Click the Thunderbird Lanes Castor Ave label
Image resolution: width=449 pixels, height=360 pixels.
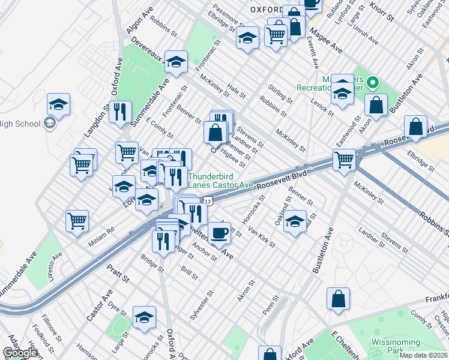click(x=220, y=181)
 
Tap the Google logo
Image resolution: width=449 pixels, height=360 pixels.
click(x=20, y=353)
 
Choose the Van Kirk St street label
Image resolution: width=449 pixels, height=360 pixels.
click(x=262, y=237)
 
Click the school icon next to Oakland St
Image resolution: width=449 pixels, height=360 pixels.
click(x=295, y=220)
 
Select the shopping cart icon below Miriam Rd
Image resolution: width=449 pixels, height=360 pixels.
click(x=77, y=220)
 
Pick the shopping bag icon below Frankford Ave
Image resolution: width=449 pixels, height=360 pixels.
click(x=339, y=298)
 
